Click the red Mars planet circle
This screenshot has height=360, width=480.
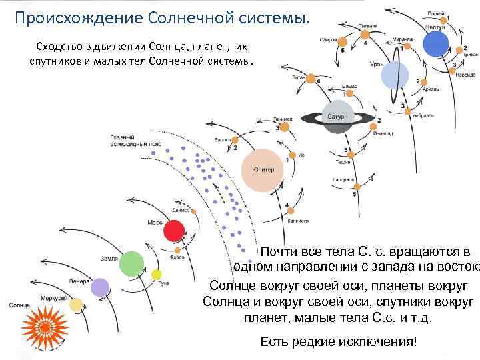(x=174, y=231)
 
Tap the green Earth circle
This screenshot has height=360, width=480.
(x=132, y=264)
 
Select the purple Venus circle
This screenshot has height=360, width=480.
(x=100, y=287)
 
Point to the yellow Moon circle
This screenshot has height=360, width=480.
(x=157, y=274)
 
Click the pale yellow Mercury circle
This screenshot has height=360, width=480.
(x=76, y=305)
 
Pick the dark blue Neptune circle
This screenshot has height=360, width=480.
(x=435, y=44)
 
